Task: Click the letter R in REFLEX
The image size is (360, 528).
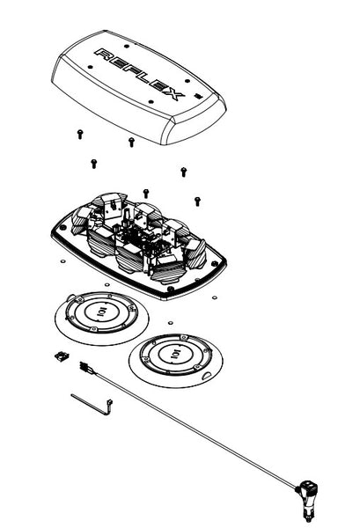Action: pos(103,54)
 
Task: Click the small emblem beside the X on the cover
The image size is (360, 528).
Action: pos(198,96)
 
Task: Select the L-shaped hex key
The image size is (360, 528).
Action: pos(92,404)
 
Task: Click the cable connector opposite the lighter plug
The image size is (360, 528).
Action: pos(86,369)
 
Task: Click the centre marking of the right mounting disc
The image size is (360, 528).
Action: pos(176,354)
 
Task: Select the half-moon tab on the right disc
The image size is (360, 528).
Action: pos(208,375)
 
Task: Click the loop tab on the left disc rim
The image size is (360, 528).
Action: pos(70,297)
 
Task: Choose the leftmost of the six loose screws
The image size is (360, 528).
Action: pos(80,134)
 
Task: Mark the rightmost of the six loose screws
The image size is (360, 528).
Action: pos(197,202)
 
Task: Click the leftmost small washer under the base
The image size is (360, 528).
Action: pos(62,261)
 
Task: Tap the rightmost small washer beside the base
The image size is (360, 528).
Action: pos(214,297)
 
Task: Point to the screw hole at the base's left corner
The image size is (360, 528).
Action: pos(62,228)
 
